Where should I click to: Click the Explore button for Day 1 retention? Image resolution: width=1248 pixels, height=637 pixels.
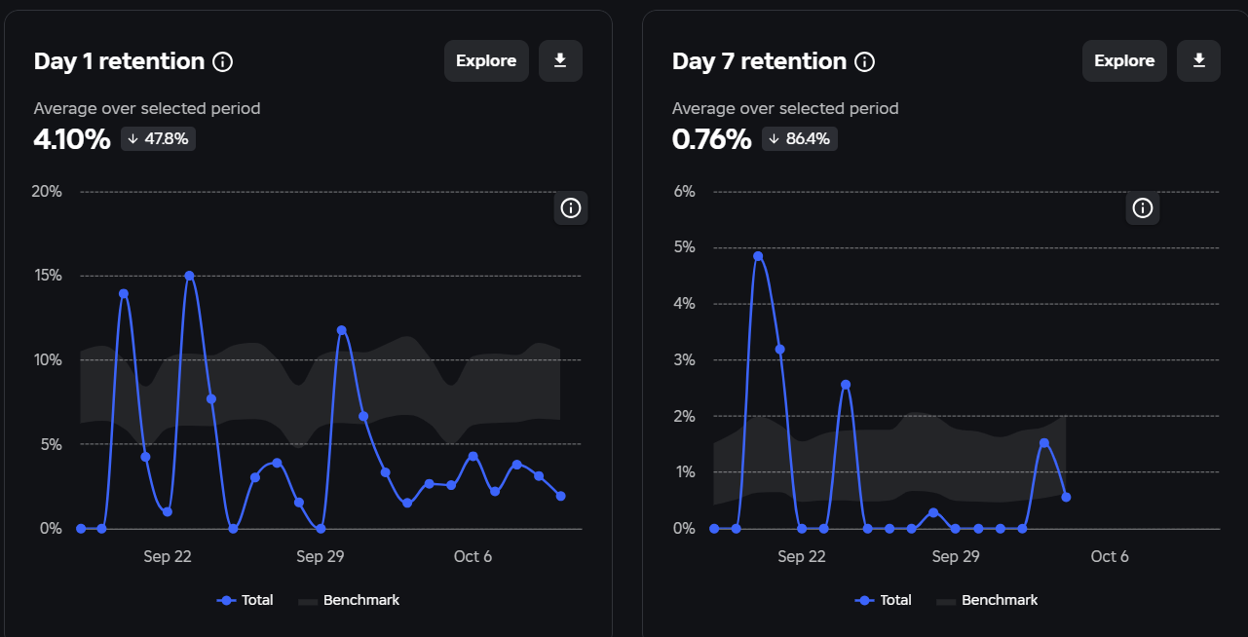coord(486,60)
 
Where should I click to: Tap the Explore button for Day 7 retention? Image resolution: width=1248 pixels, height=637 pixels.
coord(1124,60)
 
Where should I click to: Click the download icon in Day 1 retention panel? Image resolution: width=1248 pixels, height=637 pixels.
coord(560,60)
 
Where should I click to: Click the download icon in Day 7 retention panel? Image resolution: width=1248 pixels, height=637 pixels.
coord(1199,60)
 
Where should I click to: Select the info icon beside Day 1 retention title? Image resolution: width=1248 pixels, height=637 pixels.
coord(223,61)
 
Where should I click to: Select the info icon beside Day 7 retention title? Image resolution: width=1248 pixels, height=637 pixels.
coord(865,61)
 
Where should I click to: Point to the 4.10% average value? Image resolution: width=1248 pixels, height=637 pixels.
coord(72,139)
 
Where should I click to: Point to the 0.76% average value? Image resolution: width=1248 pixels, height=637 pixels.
coord(711,139)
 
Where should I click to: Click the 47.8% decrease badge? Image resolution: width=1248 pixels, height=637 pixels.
coord(158,138)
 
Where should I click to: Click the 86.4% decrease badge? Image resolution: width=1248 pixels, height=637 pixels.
coord(800,138)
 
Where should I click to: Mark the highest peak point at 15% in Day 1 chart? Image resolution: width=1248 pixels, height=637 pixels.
coord(189,276)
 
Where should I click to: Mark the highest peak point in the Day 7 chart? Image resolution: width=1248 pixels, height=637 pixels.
coord(758,256)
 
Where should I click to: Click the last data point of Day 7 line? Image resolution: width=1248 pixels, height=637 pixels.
coord(1066,498)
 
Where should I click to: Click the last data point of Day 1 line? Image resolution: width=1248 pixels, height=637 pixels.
coord(560,496)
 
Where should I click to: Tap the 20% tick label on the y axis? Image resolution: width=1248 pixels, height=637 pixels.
coord(47,192)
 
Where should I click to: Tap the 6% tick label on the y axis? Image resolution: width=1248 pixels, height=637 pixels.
coord(684,192)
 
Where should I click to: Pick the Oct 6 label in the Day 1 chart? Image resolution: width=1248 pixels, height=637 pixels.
coord(473,556)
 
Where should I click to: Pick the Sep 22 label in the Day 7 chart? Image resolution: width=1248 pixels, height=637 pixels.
coord(801,556)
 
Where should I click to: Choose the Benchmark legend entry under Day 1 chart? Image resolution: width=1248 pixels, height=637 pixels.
coord(349,600)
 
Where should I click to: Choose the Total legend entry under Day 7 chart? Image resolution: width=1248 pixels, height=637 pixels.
coord(883,600)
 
